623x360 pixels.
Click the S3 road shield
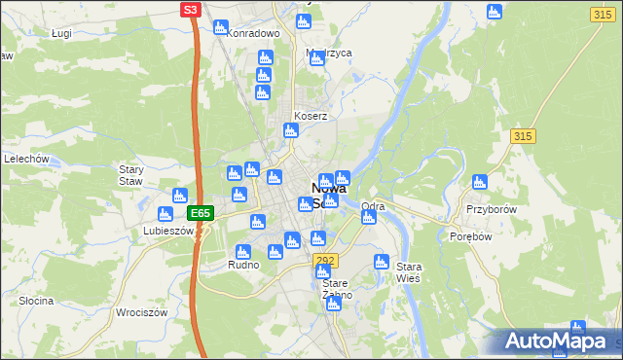192,10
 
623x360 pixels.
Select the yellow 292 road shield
325,260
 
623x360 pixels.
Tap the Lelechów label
26,158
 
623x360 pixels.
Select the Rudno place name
242,265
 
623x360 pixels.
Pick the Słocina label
36,301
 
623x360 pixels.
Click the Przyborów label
490,209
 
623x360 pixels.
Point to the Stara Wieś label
408,271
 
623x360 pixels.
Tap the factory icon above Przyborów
479,182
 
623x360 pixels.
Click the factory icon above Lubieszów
179,196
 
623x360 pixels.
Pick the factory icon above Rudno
242,252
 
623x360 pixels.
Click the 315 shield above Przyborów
522,136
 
